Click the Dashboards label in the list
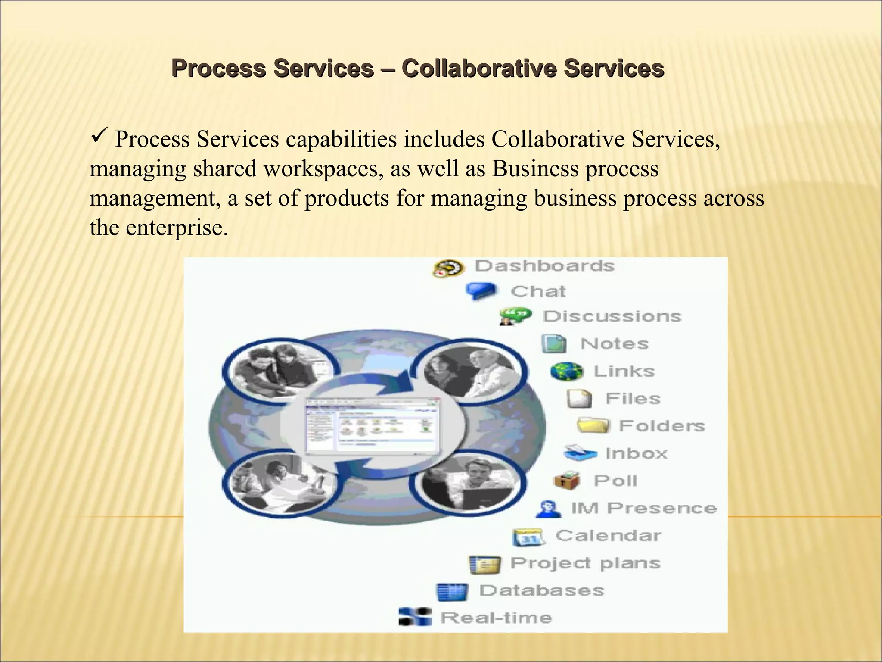tap(544, 266)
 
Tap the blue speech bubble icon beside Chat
tap(481, 291)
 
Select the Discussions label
tap(612, 316)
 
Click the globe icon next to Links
tap(566, 371)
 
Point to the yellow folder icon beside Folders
tap(593, 426)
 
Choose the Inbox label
tap(636, 453)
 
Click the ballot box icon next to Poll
tap(566, 481)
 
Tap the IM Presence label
tap(643, 508)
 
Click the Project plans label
tap(585, 563)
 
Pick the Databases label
tap(541, 590)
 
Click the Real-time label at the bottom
tap(496, 618)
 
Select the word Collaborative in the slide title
tap(478, 68)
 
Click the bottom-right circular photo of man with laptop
tap(468, 483)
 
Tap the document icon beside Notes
tap(554, 344)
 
